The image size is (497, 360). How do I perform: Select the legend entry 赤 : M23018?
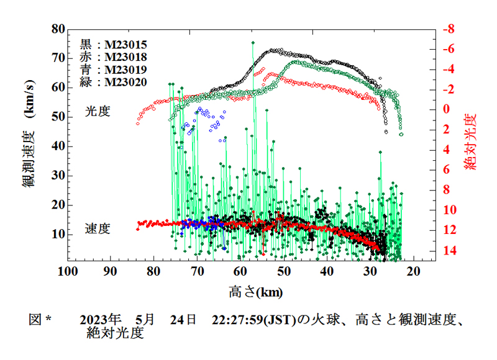[x=113, y=57]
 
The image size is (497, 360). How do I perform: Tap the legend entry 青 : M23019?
[x=113, y=70]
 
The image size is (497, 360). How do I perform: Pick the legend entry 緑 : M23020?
[x=113, y=81]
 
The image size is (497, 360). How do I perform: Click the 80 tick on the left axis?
[x=58, y=29]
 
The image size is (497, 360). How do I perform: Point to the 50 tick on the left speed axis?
[x=58, y=117]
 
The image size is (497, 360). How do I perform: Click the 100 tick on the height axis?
[x=67, y=272]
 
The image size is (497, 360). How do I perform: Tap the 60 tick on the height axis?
[x=240, y=272]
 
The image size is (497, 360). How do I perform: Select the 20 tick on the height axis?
[x=414, y=272]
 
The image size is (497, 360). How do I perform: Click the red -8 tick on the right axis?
[x=448, y=29]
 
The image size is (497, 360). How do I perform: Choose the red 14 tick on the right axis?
[x=448, y=251]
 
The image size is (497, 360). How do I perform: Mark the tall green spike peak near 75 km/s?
[x=253, y=42]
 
